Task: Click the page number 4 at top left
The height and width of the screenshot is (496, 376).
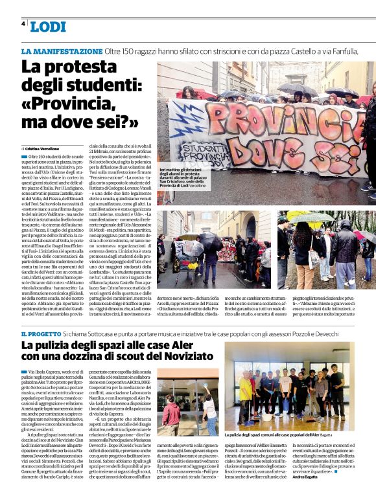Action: [23, 24]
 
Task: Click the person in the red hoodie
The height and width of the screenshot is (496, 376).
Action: [172, 414]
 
